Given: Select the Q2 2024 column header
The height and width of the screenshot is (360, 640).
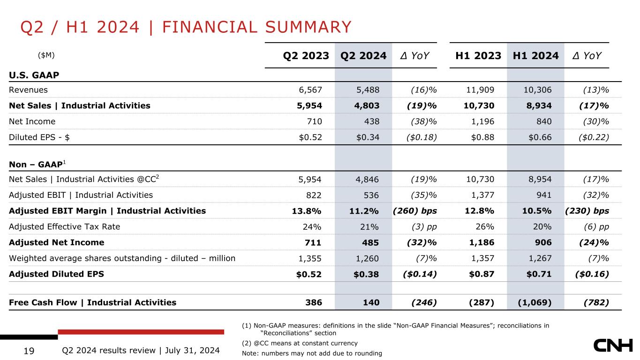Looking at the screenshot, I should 363,56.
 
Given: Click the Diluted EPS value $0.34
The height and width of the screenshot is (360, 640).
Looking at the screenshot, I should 367,137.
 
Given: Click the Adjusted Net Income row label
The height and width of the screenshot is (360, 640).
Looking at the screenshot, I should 57,242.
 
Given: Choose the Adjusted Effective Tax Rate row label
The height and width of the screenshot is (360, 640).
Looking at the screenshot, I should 65,226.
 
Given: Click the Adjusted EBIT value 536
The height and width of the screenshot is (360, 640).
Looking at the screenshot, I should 371,195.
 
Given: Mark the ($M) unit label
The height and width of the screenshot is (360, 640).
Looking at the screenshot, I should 46,55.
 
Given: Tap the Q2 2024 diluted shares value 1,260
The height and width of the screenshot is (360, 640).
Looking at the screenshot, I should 367,258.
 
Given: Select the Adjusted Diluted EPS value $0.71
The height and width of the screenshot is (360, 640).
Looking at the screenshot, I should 538,274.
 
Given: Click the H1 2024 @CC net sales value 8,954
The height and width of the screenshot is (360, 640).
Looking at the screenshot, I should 539,179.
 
